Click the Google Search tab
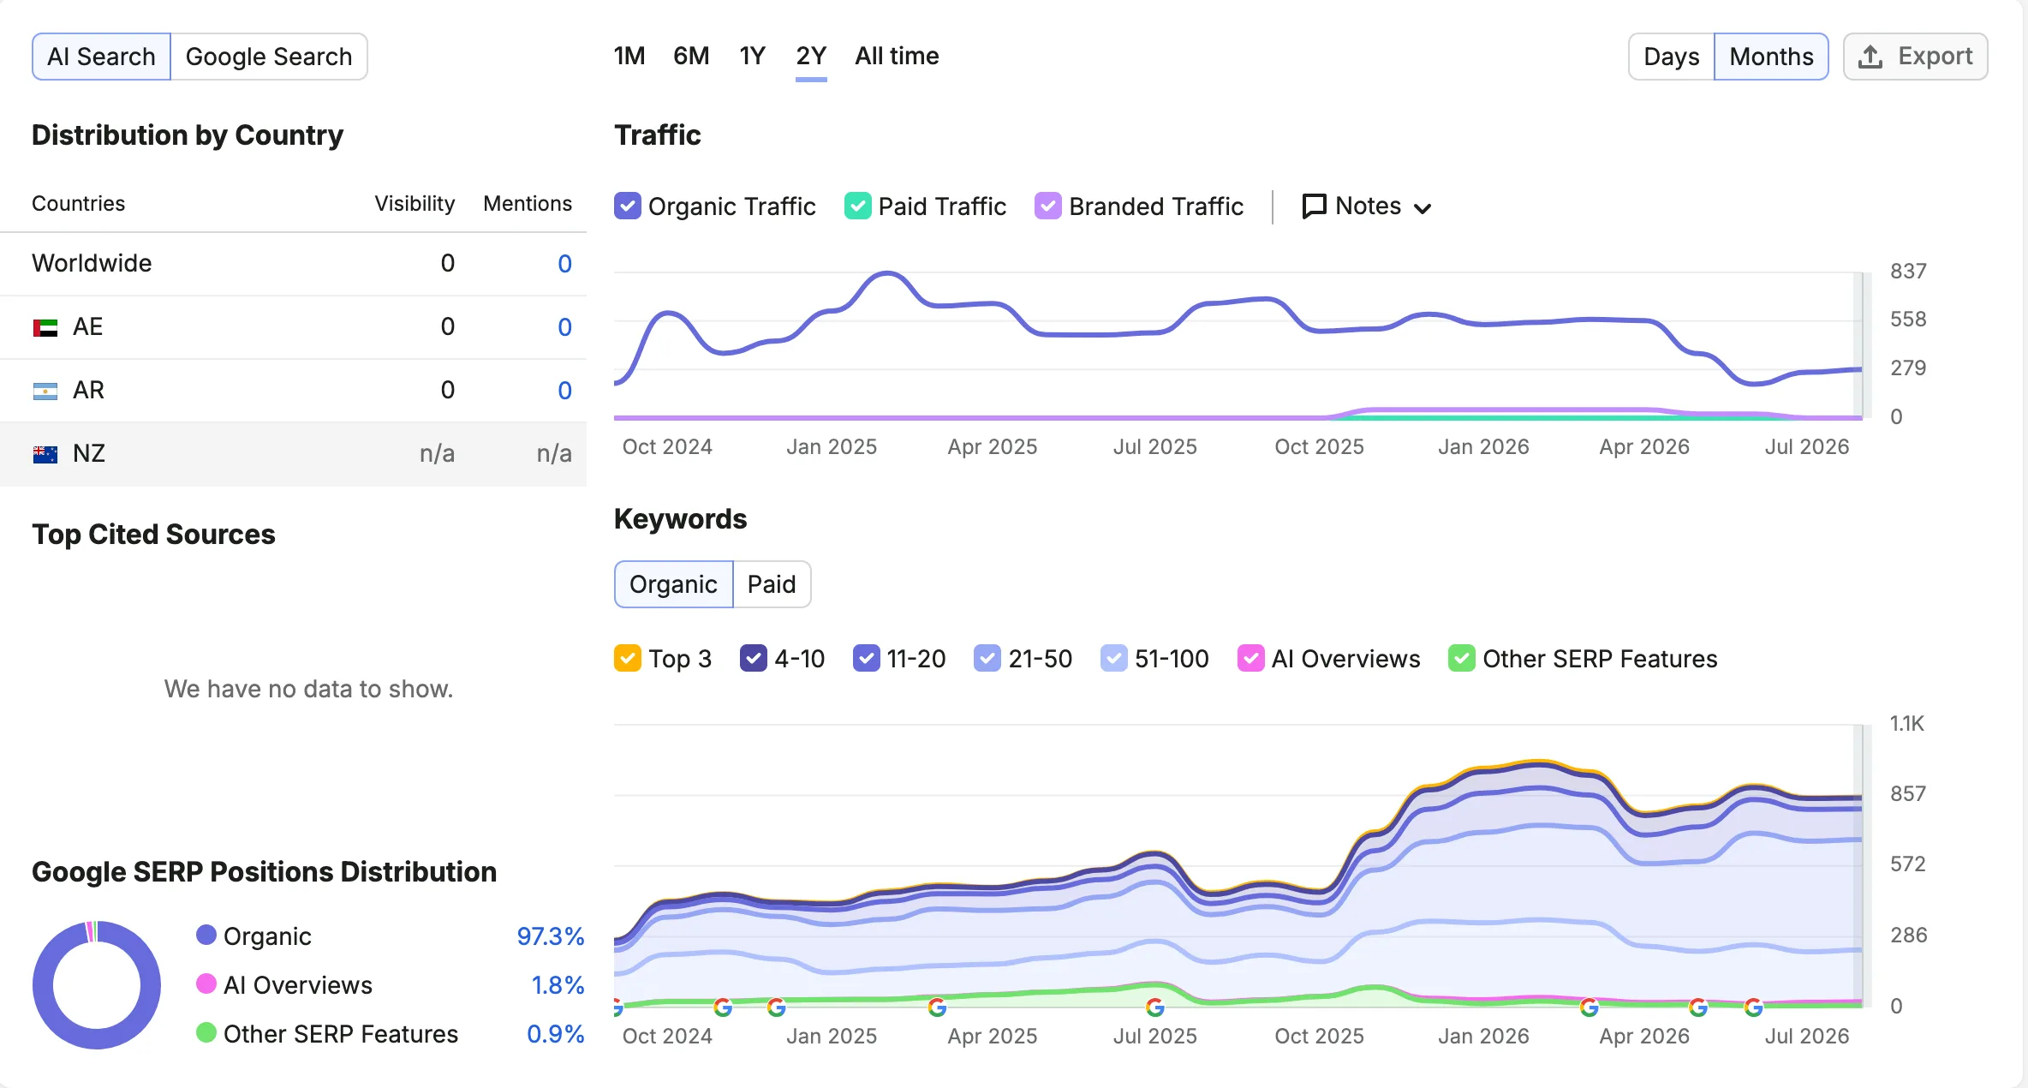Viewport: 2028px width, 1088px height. point(269,57)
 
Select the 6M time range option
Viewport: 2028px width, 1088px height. point(691,57)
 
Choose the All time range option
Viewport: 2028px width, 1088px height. point(897,57)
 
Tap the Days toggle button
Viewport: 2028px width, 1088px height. point(1671,57)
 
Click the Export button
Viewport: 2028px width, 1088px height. point(1915,57)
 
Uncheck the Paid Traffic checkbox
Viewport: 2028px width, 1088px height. point(857,206)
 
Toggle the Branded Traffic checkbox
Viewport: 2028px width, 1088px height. point(1047,206)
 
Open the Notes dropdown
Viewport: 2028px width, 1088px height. point(1367,206)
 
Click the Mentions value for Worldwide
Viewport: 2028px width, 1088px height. point(564,264)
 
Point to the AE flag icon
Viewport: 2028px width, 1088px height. point(45,327)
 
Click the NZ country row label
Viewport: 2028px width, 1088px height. point(89,453)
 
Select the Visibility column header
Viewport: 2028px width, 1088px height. point(415,203)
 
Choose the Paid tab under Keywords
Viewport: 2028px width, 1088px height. point(772,584)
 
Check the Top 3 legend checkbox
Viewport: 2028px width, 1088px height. point(628,658)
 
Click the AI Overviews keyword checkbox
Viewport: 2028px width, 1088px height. point(1251,658)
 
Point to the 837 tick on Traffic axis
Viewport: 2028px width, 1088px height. point(1908,272)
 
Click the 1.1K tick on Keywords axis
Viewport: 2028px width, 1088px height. point(1907,724)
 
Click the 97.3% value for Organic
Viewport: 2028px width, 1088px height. point(550,936)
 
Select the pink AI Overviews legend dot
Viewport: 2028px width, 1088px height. point(206,983)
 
